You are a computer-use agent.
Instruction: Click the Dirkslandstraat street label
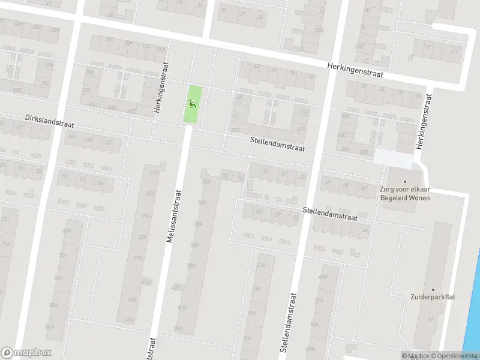[49, 121]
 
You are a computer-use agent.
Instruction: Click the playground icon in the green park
[193, 103]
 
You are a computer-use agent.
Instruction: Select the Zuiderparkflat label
[431, 296]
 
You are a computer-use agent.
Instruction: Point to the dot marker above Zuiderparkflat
[432, 289]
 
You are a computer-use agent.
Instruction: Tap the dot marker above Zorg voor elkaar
[404, 182]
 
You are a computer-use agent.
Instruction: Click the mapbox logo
[26, 353]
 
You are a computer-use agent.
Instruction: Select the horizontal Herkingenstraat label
[355, 71]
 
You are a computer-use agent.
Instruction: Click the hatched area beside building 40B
[393, 157]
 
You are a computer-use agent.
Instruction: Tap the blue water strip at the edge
[475, 300]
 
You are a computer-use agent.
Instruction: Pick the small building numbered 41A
[146, 281]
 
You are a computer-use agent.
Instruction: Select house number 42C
[176, 288]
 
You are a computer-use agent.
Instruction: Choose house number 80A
[53, 305]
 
